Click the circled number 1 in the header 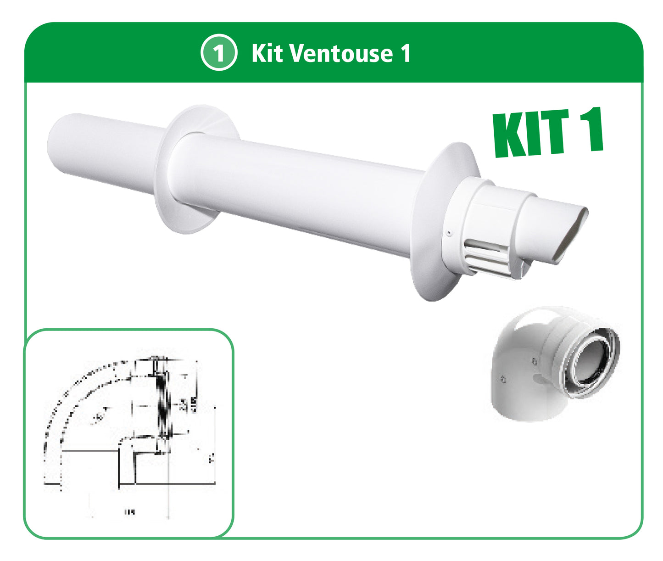click(219, 53)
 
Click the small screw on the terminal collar click(450, 233)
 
